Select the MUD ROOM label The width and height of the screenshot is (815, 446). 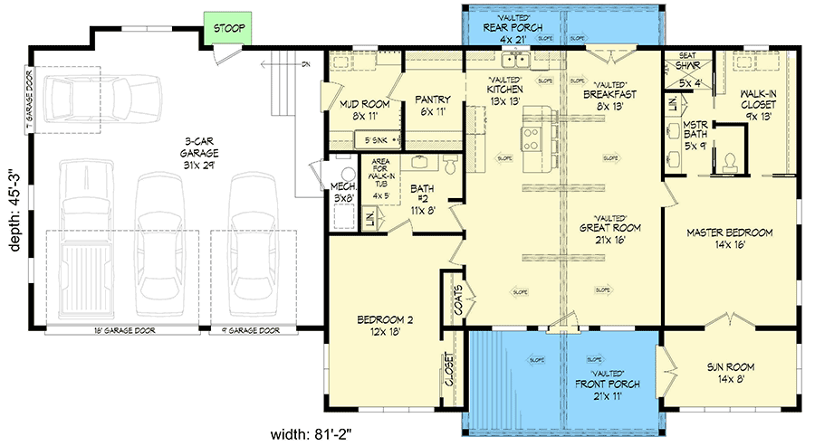pos(364,109)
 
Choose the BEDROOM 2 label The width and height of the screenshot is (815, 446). pos(384,325)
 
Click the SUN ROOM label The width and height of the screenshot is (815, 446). pos(730,372)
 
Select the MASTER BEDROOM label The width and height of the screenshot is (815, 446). pos(730,238)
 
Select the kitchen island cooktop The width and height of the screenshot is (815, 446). pos(532,140)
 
